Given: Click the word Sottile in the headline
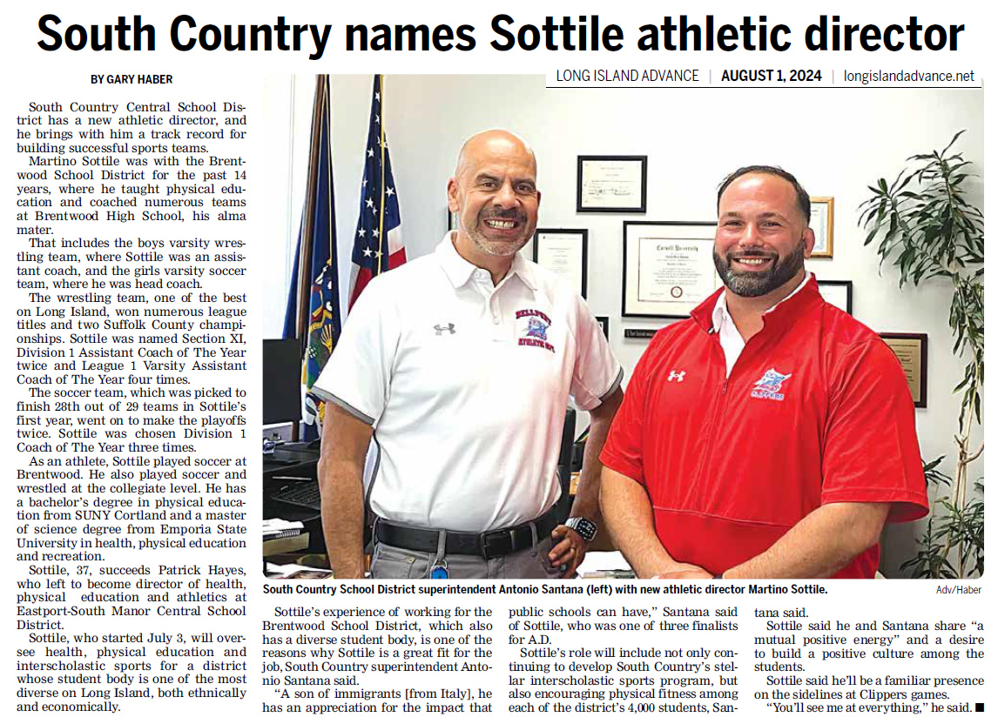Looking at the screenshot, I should point(558,35).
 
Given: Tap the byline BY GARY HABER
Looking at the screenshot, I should point(132,79).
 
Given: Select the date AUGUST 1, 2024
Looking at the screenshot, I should point(771,76).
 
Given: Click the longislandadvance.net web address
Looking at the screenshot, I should point(909,76).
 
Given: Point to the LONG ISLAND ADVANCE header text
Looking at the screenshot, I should point(627,76).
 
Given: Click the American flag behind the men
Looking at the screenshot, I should point(377,218).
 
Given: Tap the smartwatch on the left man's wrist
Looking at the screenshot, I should point(580,528).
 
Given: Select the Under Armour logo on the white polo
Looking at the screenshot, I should point(444,329).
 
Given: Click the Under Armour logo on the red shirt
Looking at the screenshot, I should point(676,376).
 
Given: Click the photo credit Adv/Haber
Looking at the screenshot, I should point(958,590).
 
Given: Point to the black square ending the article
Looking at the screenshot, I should point(979,709).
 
